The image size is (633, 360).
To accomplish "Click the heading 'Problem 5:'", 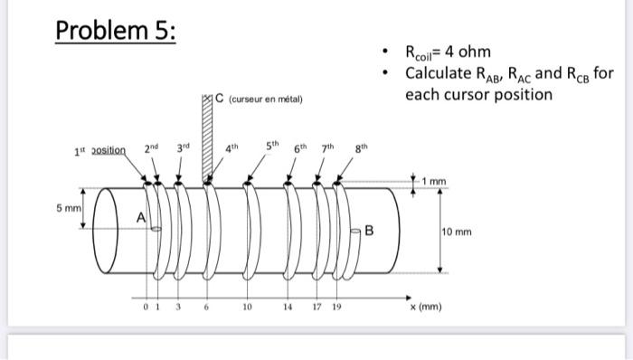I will click(x=116, y=30).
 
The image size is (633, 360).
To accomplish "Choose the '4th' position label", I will click(x=233, y=147).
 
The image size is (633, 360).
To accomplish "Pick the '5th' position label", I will click(x=272, y=146).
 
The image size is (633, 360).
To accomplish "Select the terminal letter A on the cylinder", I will click(x=141, y=216).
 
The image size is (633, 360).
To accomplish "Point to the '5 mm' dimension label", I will click(x=70, y=207).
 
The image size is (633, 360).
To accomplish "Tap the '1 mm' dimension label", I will click(x=438, y=183).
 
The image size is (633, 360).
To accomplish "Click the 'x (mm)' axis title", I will click(x=427, y=307).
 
